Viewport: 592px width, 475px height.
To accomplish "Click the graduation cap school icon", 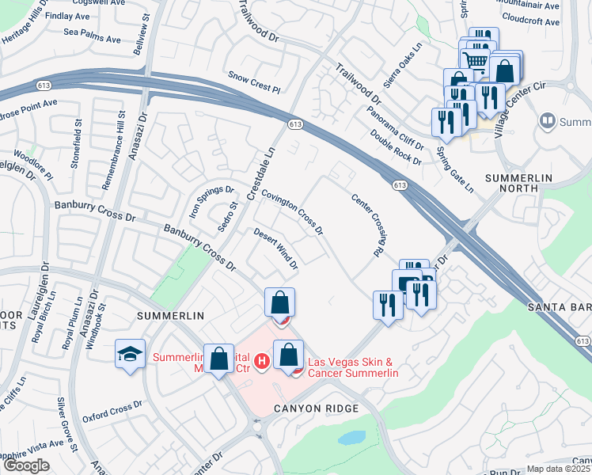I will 130,353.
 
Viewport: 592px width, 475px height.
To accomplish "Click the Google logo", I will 26,465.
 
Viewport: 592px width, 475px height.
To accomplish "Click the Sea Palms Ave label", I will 93,37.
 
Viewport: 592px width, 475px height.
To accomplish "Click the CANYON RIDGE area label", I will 317,408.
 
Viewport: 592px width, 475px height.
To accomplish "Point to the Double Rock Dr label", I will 395,146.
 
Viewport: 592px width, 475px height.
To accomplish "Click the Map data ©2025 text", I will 558,469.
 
